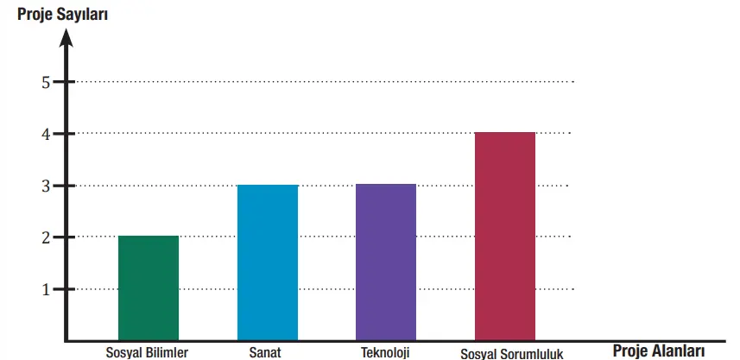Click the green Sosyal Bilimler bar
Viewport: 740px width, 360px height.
pos(149,288)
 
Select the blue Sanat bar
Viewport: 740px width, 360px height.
pos(268,262)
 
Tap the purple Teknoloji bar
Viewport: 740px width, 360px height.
pos(386,262)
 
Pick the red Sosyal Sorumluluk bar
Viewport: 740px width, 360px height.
pos(505,237)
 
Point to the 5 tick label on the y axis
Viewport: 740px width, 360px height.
pos(46,82)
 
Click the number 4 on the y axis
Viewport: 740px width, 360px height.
pos(46,134)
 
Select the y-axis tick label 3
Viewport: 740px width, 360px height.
pos(46,186)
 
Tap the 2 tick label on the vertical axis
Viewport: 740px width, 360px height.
pos(46,237)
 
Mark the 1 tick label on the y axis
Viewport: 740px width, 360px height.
pos(46,289)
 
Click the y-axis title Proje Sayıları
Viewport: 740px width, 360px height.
pos(63,14)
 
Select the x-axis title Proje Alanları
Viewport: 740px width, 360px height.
pos(659,351)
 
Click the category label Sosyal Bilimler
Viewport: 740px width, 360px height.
pos(147,352)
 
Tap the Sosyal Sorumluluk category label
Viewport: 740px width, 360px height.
pos(512,353)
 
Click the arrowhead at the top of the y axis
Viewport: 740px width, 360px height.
pos(66,37)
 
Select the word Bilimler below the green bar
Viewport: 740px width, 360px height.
pos(166,352)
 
